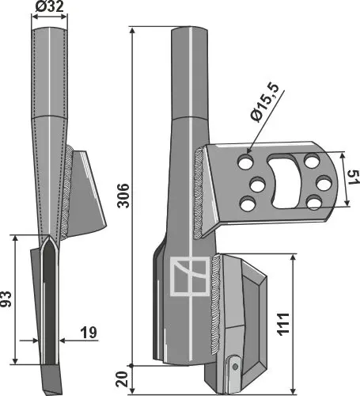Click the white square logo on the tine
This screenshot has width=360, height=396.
tap(188, 278)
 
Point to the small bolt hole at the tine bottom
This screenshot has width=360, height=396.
tap(233, 365)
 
